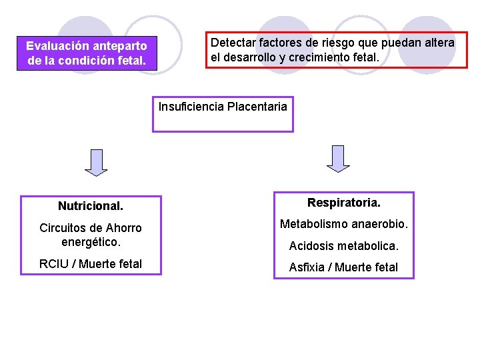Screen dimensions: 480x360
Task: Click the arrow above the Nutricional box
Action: [97, 162]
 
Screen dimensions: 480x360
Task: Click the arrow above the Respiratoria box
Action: [338, 159]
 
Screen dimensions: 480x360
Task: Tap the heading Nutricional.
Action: [91, 206]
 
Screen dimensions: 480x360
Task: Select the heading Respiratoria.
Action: [344, 202]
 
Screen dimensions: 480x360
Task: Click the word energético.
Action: [91, 241]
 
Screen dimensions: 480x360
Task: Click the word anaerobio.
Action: [382, 223]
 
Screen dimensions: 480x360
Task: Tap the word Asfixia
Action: [307, 267]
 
